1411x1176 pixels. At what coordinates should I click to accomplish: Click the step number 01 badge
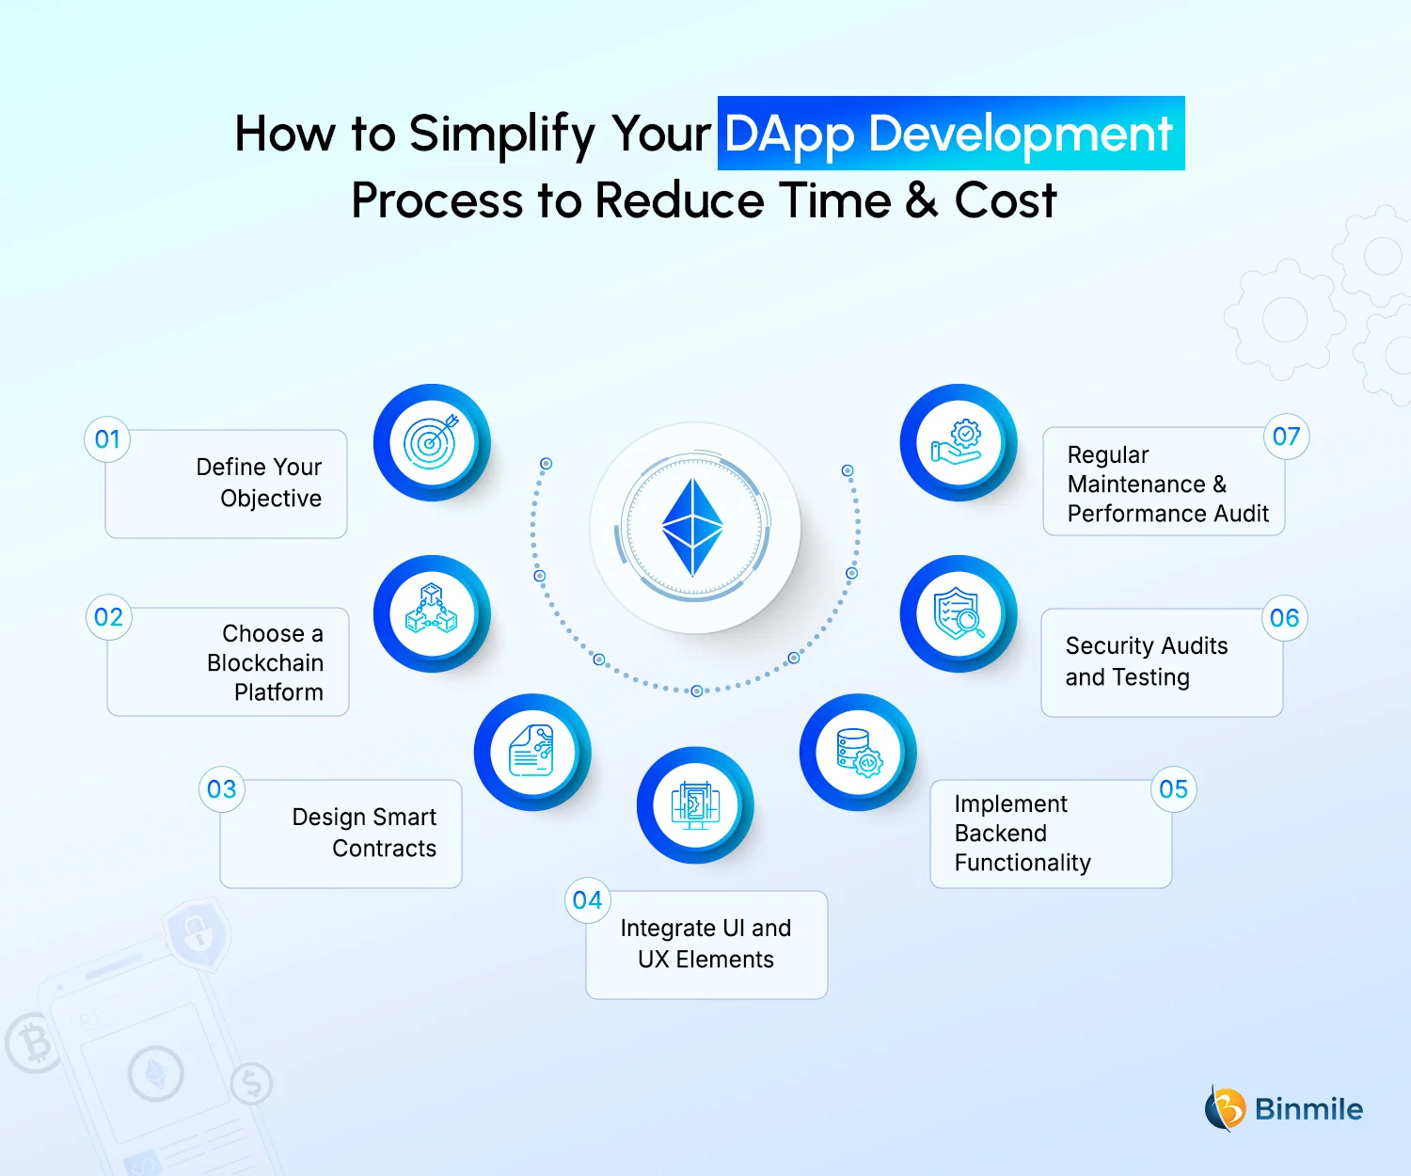click(107, 439)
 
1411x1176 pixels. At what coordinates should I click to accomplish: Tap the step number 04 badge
click(587, 900)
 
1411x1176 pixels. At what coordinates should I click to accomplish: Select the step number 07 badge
click(1286, 437)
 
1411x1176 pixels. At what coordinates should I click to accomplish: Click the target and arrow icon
click(432, 442)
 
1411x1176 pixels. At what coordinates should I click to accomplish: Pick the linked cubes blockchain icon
click(432, 613)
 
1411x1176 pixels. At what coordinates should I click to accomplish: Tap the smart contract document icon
click(532, 752)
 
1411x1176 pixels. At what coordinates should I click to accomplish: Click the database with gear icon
click(858, 752)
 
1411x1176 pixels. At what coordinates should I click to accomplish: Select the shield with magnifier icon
click(959, 613)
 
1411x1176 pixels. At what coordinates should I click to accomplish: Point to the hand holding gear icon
click(959, 442)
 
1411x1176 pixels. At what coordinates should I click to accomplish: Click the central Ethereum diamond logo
click(694, 528)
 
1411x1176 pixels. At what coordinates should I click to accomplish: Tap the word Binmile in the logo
click(1308, 1109)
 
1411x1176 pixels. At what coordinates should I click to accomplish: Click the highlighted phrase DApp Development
click(950, 134)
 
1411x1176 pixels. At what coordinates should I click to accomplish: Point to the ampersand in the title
click(923, 201)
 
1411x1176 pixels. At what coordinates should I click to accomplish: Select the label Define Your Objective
click(260, 483)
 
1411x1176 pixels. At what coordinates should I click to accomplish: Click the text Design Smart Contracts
click(365, 833)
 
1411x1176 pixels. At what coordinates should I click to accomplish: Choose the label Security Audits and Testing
click(1146, 661)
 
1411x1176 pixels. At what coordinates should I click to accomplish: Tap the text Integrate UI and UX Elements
click(705, 944)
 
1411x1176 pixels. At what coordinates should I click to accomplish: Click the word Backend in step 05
click(1001, 834)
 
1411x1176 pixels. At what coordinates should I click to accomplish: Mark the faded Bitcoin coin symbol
click(33, 1042)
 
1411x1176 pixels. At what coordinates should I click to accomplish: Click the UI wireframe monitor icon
click(695, 805)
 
